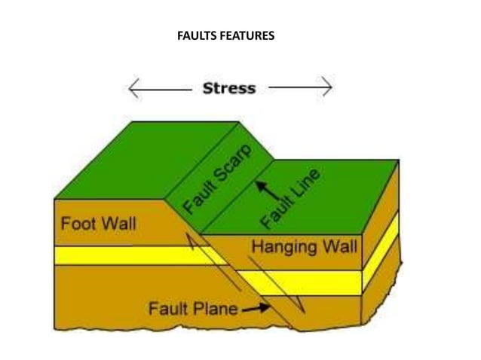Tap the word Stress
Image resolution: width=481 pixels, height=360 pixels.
click(x=229, y=88)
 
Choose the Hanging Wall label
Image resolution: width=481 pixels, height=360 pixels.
click(x=304, y=246)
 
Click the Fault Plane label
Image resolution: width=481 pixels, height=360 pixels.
click(x=193, y=308)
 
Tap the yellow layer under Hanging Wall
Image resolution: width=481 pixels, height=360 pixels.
click(x=302, y=282)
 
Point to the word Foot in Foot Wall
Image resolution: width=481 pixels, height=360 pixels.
click(x=78, y=224)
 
